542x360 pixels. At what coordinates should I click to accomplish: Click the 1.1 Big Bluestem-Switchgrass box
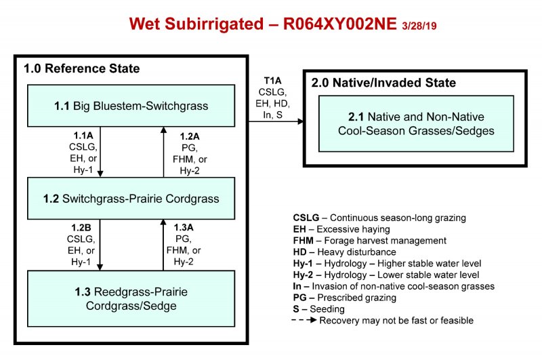coord(131,106)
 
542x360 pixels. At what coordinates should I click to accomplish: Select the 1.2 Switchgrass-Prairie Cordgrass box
coord(131,198)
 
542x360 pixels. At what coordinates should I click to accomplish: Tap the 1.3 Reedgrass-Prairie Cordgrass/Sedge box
coord(131,298)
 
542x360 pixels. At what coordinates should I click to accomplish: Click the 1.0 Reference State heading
coord(82,68)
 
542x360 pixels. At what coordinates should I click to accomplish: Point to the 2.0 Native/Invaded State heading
coord(383,83)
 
